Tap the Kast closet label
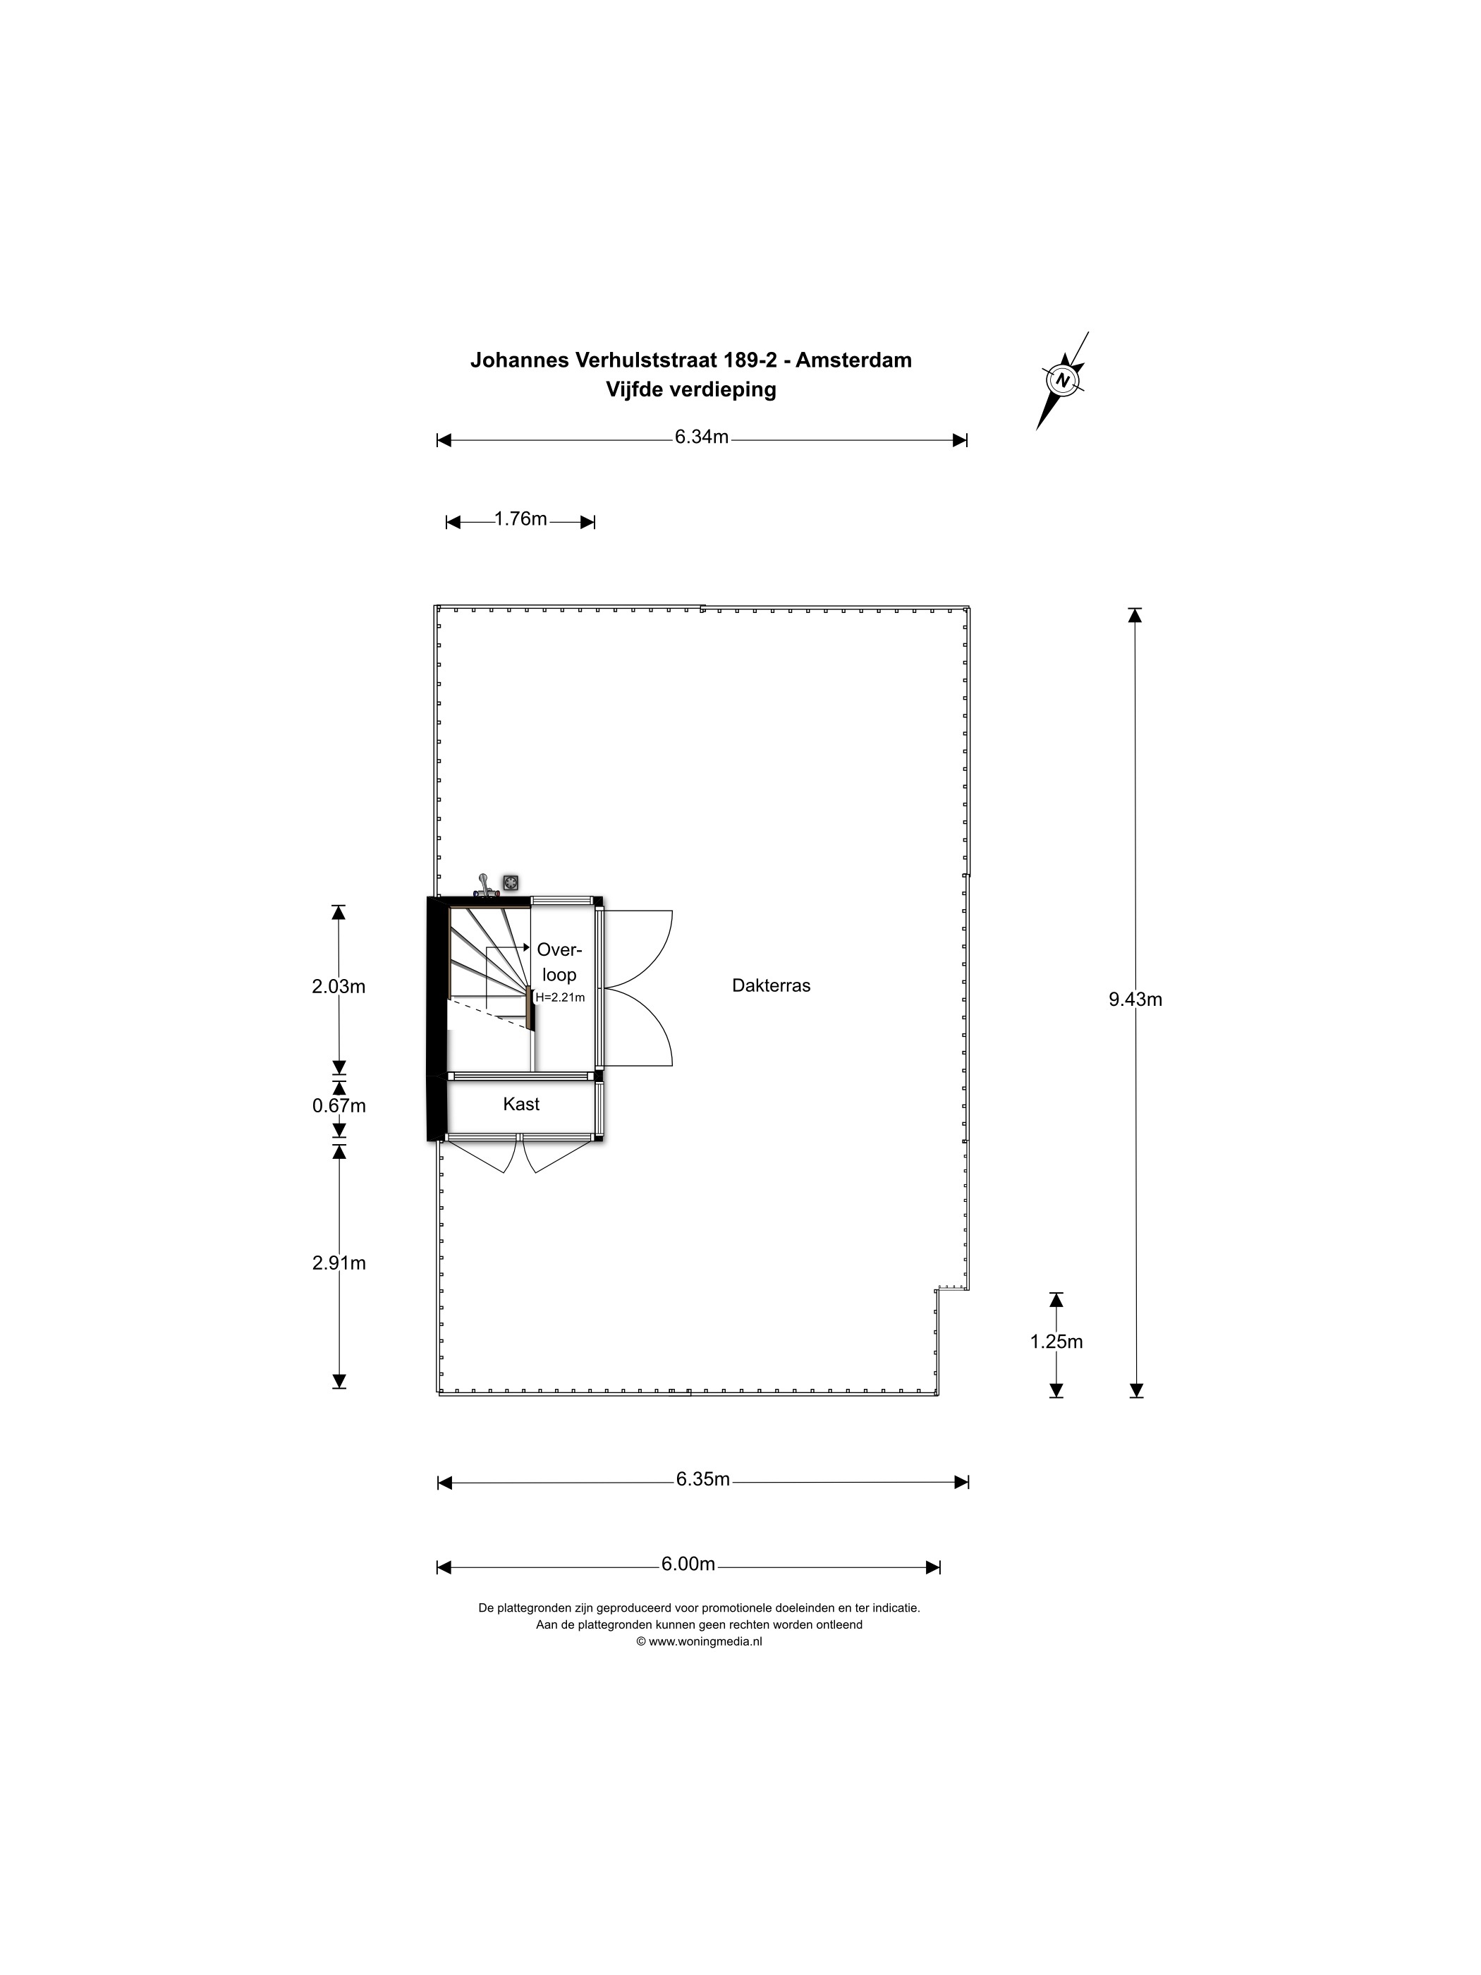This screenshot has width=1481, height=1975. point(521,1105)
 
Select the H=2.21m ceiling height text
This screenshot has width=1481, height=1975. point(560,997)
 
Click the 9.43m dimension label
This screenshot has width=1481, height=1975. point(1135,1000)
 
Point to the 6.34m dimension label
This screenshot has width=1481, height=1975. point(702,437)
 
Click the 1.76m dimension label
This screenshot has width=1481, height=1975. point(520,518)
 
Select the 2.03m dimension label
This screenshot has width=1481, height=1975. point(339,987)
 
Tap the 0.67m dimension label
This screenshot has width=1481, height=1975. point(339,1106)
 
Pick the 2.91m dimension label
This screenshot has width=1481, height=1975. point(339,1263)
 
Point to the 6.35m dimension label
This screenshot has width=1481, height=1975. point(702,1479)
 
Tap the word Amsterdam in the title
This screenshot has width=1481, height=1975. point(853,360)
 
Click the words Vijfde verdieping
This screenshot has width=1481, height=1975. point(691,389)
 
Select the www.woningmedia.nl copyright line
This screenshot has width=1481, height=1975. point(699,1641)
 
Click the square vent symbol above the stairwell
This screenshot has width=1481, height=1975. point(511,883)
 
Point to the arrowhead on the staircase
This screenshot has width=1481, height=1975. point(526,947)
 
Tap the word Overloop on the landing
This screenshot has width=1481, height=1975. point(559,963)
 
